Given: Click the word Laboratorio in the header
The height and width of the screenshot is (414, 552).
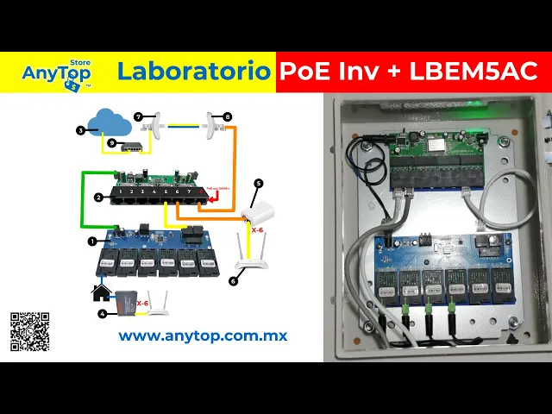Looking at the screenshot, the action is pos(193,72).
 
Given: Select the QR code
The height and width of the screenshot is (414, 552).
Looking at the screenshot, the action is pos(29,330).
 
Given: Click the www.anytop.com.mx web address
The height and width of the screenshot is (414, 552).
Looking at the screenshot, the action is pos(203,336).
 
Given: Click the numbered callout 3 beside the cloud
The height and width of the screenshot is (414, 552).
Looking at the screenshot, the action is pos(80,130).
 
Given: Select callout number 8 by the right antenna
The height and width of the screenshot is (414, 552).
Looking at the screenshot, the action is pos(227,116).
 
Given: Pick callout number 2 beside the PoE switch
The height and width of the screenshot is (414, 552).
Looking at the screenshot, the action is pos(99,197).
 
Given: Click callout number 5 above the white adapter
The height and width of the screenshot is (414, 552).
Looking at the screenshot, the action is pos(258,184).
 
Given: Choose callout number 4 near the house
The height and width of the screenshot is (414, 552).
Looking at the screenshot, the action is pos(103,313).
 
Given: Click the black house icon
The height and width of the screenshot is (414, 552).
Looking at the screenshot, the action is pos(102,292).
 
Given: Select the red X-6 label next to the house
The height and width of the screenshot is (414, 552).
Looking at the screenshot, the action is pos(142,303).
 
